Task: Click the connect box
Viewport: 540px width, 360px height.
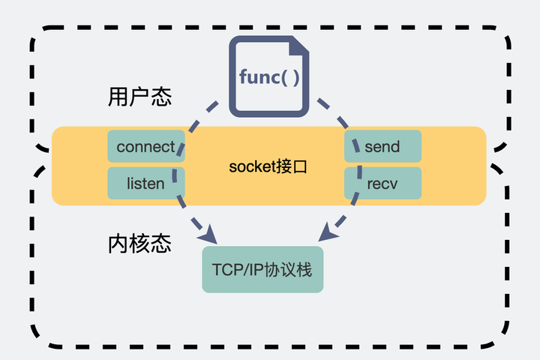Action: pos(145,146)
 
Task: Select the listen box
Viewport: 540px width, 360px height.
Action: pos(145,183)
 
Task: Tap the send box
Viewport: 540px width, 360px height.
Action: pos(382,146)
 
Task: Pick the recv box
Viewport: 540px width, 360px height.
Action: pos(382,183)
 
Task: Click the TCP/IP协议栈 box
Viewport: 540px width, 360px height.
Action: pos(262,269)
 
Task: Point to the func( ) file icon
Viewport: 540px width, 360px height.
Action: pos(269,78)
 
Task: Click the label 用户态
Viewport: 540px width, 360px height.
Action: pos(140,98)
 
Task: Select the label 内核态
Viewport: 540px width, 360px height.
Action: pos(140,244)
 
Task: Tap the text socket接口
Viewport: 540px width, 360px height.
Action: pos(268,166)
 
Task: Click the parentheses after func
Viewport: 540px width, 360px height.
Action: pos(291,77)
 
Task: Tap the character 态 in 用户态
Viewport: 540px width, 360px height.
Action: pos(161,98)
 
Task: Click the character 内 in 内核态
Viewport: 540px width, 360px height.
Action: pos(119,244)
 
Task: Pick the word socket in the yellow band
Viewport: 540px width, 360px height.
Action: pos(251,166)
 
